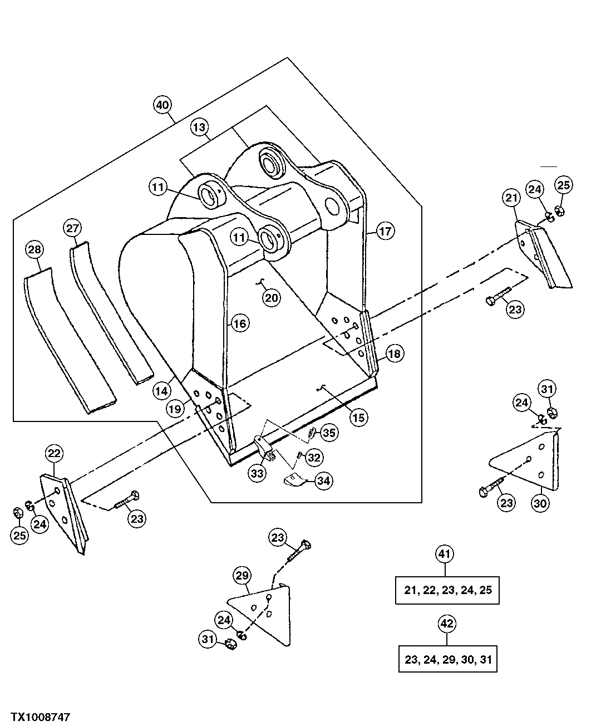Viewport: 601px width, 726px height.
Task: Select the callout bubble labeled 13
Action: point(199,127)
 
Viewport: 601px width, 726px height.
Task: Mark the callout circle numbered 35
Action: point(329,433)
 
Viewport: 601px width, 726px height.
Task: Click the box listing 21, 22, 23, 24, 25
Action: point(447,590)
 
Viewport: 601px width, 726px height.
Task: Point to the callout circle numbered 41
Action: point(444,554)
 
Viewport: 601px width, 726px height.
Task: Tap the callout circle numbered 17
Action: point(385,230)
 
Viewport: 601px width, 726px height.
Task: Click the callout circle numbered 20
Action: point(272,298)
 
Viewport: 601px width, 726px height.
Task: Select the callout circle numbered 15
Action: point(359,417)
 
